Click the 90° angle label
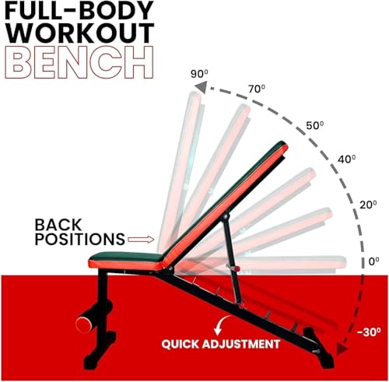click(x=199, y=74)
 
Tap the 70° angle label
click(x=257, y=89)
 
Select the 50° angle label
click(x=315, y=125)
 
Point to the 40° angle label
click(x=347, y=159)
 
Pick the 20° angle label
click(x=368, y=205)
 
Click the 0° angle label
click(x=374, y=261)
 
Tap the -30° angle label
click(x=369, y=332)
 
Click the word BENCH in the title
click(x=79, y=62)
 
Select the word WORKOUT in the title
click(x=79, y=33)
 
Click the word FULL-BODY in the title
click(x=79, y=12)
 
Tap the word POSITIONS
click(x=80, y=239)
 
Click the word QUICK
click(x=180, y=344)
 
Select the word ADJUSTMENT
click(x=240, y=344)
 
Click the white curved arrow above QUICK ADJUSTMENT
click(x=220, y=325)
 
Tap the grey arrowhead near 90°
click(x=202, y=87)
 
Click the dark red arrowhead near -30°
click(x=342, y=348)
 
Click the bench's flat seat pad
click(x=126, y=260)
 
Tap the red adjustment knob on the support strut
click(x=233, y=268)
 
